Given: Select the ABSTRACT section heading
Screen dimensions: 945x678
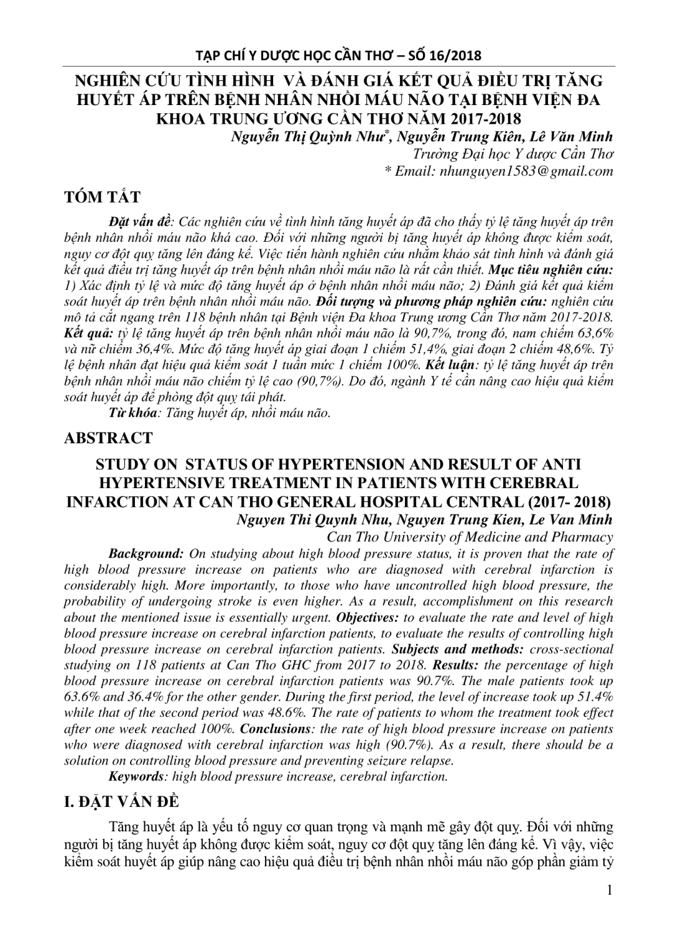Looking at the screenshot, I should point(108,438).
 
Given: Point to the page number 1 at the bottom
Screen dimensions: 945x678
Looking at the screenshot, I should point(610,890).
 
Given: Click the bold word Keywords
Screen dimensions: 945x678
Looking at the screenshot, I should point(136,776).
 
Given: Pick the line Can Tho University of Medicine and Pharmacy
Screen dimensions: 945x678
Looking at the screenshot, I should point(470,537).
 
